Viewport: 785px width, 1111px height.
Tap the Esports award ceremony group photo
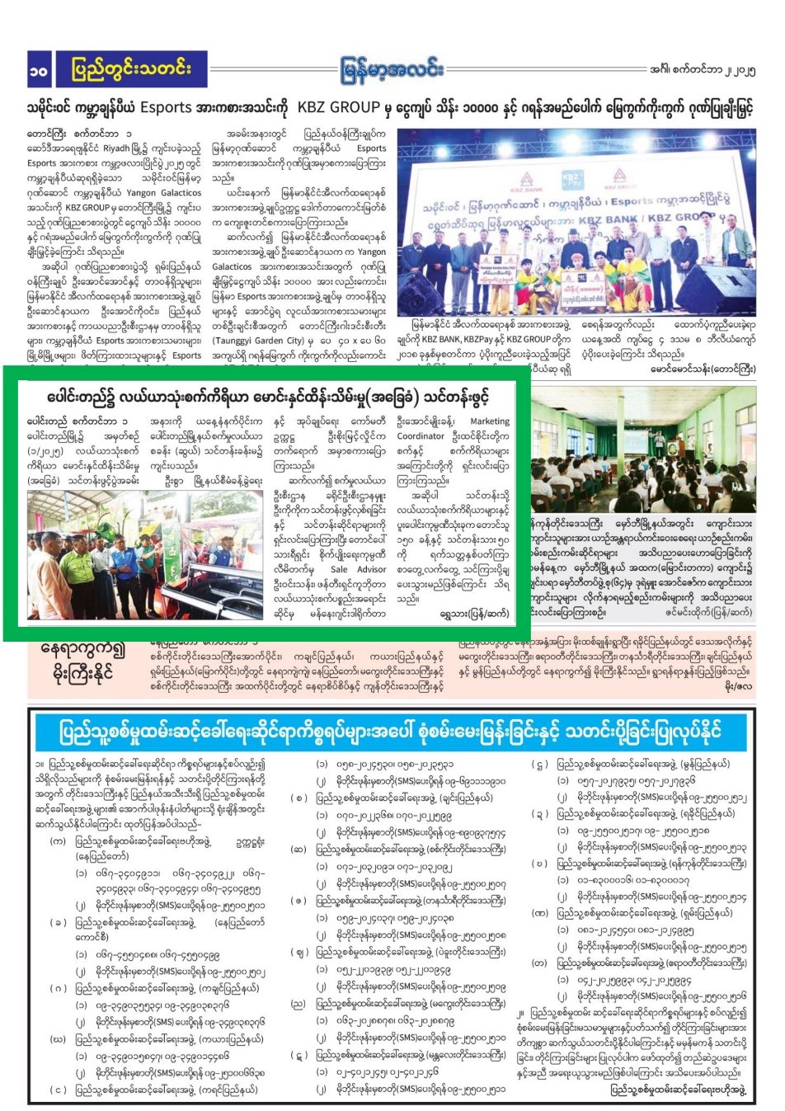click(576, 223)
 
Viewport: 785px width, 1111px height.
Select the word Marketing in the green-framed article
click(490, 421)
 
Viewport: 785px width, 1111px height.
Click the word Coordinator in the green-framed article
click(421, 436)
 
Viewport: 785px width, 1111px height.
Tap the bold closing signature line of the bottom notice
click(678, 1090)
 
